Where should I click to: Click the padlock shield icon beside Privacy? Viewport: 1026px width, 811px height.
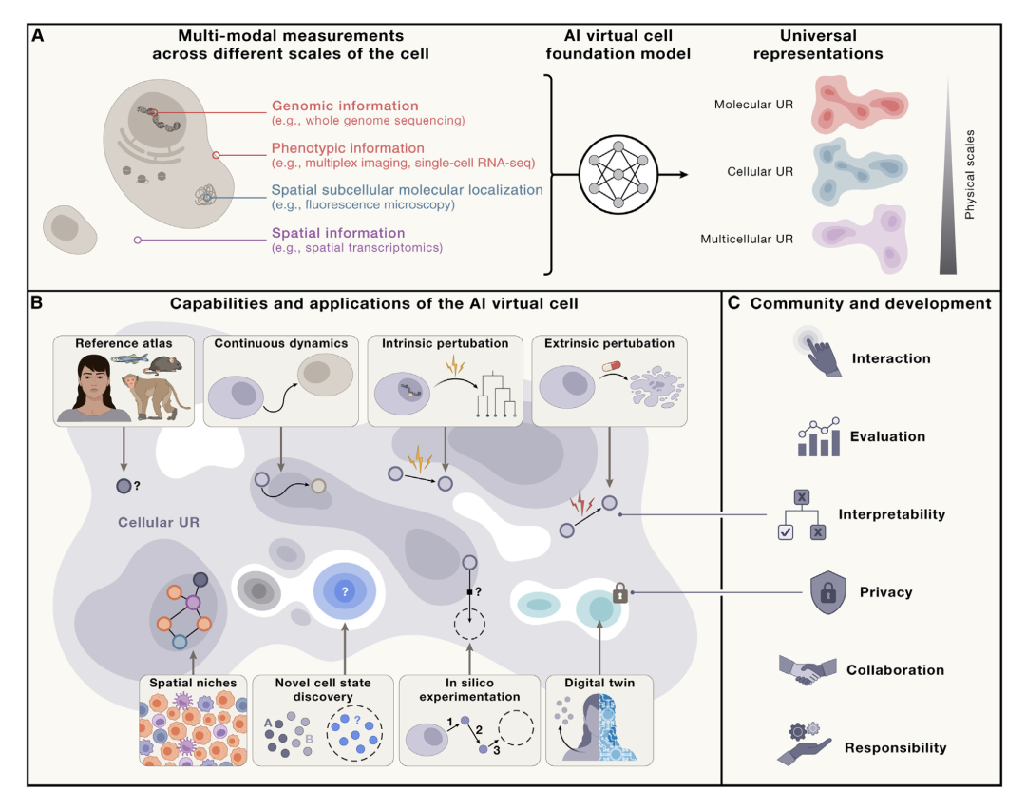point(827,592)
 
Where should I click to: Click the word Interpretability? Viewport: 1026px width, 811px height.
point(891,514)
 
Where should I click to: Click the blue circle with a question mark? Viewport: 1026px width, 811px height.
point(345,591)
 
